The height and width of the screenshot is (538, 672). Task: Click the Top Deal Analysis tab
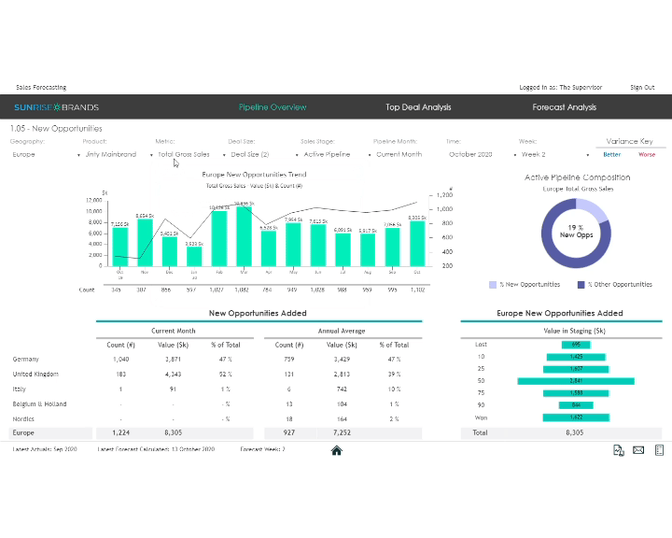(x=418, y=107)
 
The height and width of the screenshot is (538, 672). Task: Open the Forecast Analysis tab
(x=564, y=107)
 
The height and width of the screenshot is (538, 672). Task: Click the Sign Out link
(x=642, y=87)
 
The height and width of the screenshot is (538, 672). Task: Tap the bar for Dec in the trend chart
(x=169, y=251)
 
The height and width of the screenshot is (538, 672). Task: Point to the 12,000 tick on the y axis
(x=92, y=200)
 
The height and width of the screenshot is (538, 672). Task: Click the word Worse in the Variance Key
(x=647, y=154)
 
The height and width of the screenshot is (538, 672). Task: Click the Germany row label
(x=26, y=359)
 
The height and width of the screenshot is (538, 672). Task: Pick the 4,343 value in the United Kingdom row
(x=172, y=374)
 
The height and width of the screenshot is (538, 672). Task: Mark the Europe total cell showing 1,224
(x=120, y=433)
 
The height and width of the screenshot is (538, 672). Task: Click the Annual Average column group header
(x=343, y=331)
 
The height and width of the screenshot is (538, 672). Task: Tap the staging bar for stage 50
(x=576, y=381)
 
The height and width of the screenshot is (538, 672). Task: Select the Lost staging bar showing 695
(x=576, y=345)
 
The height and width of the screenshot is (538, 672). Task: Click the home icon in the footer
(x=336, y=450)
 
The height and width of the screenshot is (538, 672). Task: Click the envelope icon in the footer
(x=638, y=450)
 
